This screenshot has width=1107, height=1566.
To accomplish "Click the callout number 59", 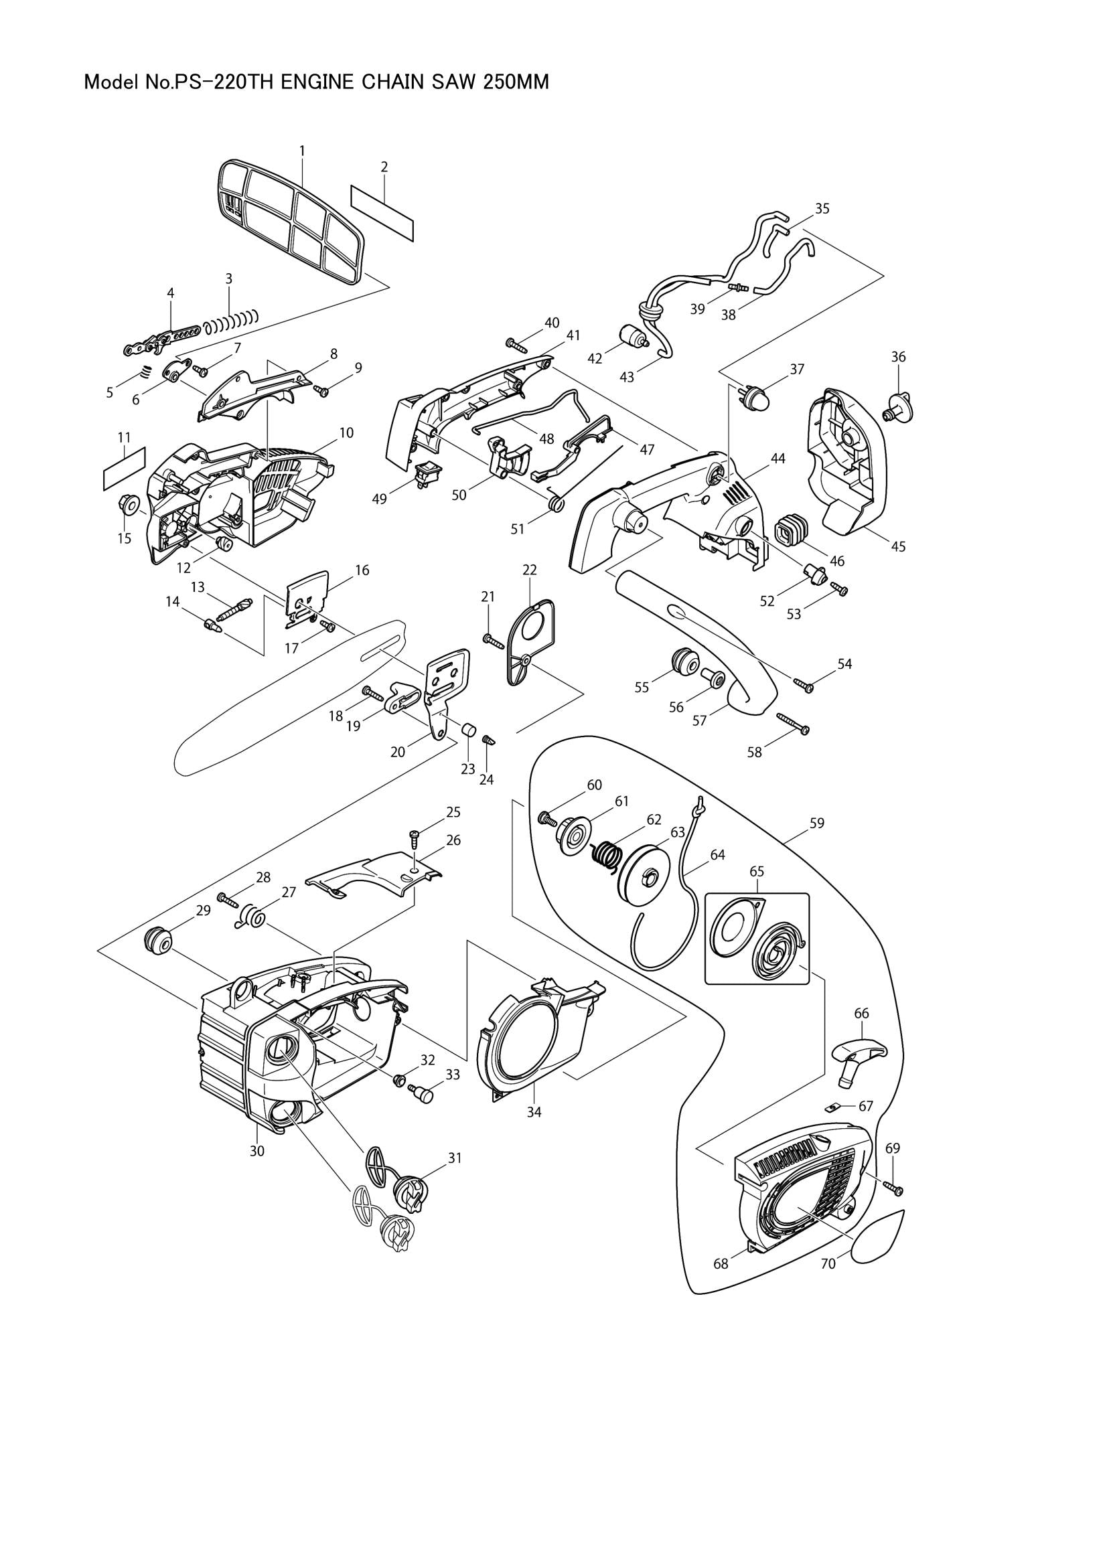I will coord(817,824).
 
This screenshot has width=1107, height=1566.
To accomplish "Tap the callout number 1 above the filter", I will coord(302,149).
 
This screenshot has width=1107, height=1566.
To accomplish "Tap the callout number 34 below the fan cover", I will coord(534,1112).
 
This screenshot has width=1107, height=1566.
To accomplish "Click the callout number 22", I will coord(529,570).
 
